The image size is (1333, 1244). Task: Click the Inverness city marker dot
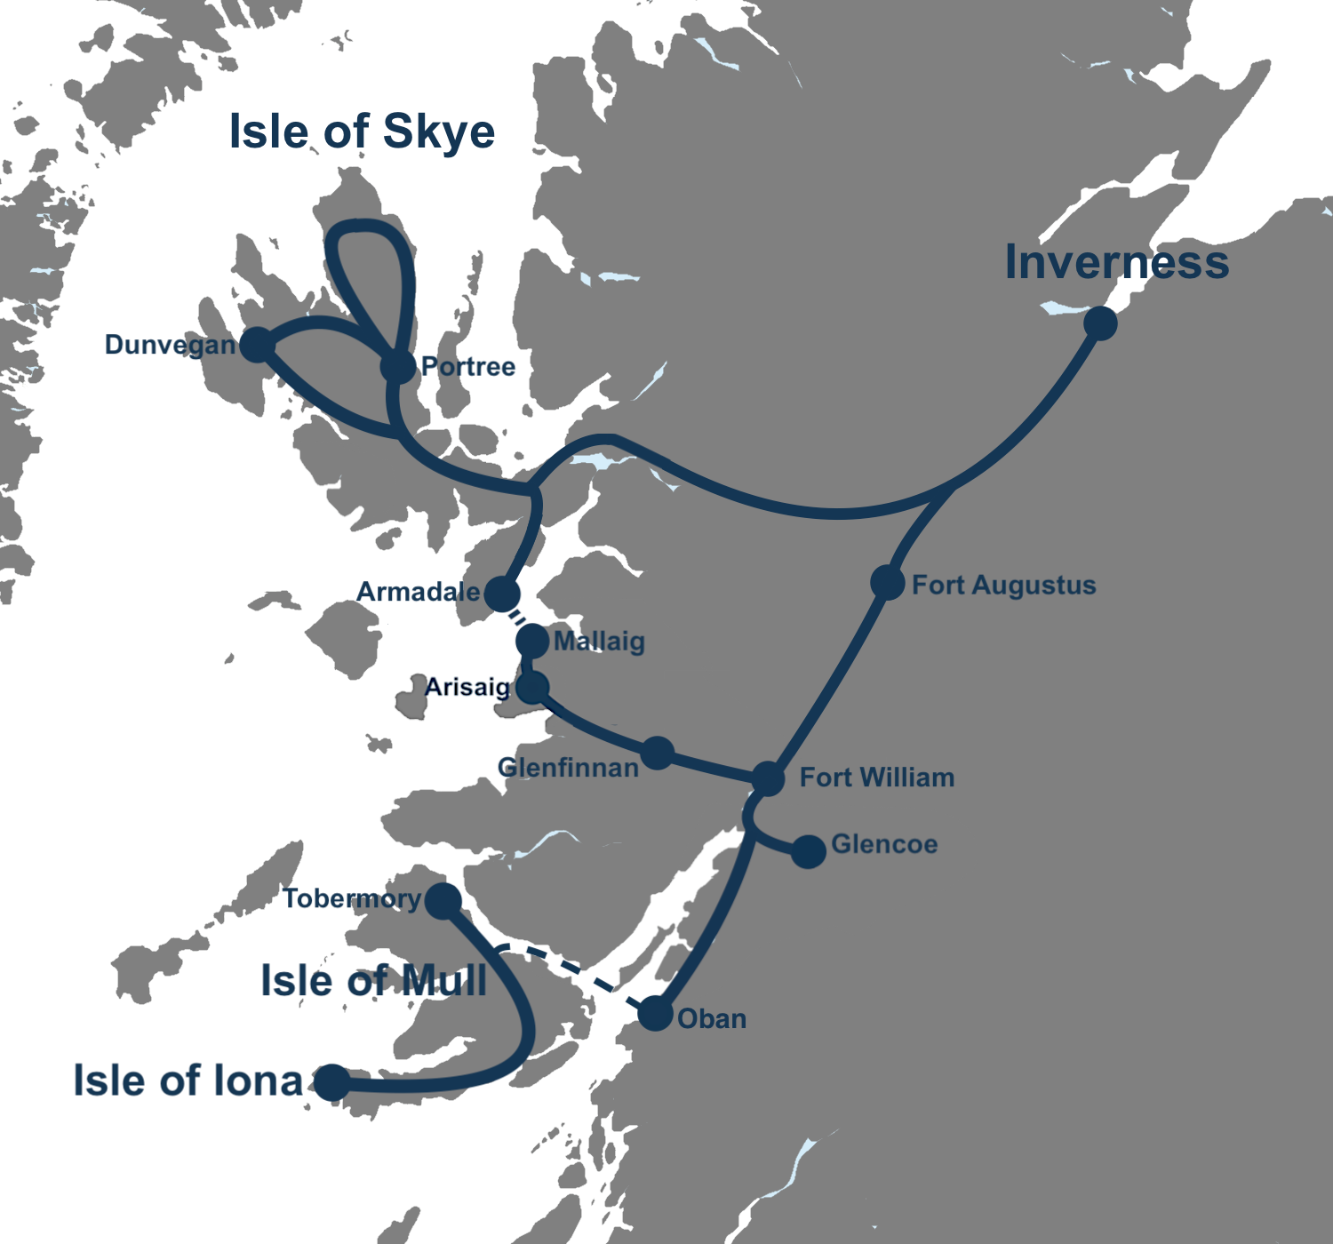1100,323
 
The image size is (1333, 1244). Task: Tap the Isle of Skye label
362,132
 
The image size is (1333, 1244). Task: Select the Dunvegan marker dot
256,344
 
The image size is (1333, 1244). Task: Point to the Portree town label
468,366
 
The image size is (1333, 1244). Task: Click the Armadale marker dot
502,594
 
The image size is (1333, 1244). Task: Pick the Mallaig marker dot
532,641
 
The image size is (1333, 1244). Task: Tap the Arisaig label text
467,687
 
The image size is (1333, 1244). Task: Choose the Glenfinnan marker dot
658,753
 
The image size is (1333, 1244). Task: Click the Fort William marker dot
768,778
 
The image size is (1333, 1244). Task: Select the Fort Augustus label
1003,585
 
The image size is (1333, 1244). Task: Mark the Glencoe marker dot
809,851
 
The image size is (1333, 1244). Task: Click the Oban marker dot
656,1014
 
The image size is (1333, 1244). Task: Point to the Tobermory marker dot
443,901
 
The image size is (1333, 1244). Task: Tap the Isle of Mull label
373,981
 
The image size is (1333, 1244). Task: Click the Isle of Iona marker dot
332,1082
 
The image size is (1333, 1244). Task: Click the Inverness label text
1117,262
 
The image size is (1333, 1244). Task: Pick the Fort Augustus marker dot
888,582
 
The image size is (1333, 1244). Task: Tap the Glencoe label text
884,843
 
